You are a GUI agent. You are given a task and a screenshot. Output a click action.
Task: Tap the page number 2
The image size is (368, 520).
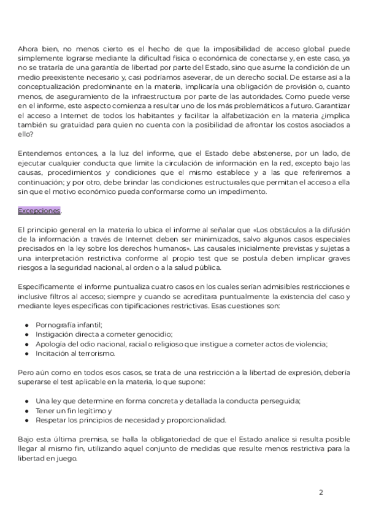pyautogui.click(x=320, y=492)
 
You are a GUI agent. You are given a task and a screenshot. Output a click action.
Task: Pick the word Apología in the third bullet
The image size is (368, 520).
pyautogui.click(x=50, y=344)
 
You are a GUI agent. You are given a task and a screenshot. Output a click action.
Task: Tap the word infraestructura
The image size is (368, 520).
pyautogui.click(x=147, y=96)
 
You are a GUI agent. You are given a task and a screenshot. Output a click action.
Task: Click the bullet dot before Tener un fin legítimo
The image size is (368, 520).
pyautogui.click(x=27, y=410)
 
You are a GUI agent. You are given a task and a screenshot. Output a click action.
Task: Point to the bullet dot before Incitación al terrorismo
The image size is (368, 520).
pyautogui.click(x=27, y=354)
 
